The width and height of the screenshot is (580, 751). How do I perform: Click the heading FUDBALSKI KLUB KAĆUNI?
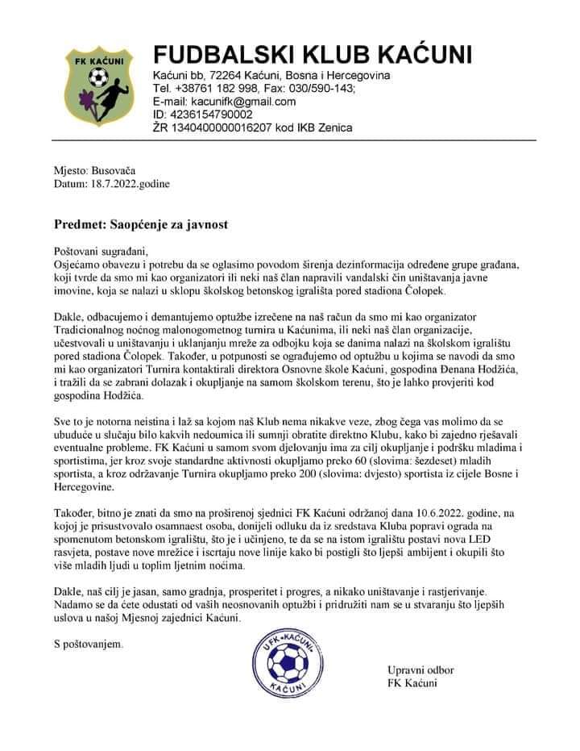[313, 55]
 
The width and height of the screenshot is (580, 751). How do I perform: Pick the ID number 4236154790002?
[208, 115]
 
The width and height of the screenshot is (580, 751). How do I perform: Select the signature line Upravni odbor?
[420, 671]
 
